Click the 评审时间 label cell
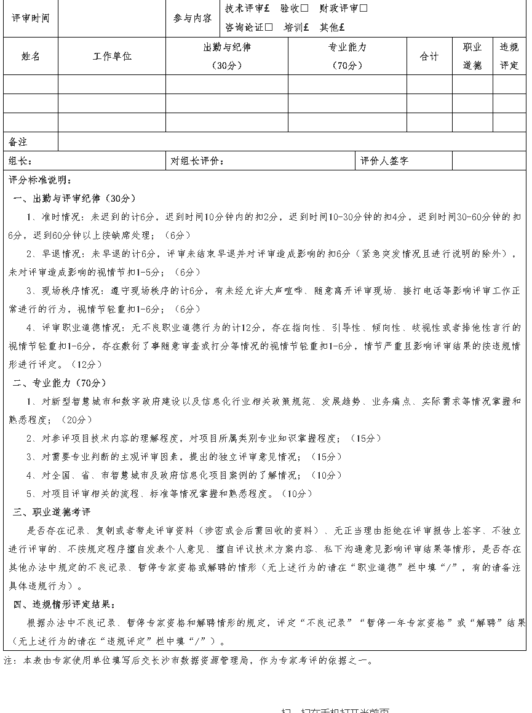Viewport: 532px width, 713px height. click(x=30, y=18)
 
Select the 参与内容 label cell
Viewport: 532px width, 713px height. click(x=192, y=18)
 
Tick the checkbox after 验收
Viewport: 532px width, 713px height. click(x=304, y=9)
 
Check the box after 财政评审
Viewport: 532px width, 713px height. click(x=363, y=9)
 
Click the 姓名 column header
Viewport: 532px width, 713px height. click(x=30, y=57)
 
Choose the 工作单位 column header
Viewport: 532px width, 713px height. click(x=112, y=57)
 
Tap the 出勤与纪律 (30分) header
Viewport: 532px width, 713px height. click(x=227, y=57)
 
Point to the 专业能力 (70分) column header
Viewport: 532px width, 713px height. click(x=347, y=57)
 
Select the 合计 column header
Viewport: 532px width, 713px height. click(x=429, y=57)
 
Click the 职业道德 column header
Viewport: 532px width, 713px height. click(x=472, y=57)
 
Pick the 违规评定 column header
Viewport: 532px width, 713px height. click(x=509, y=57)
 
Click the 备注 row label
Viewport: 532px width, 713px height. click(x=18, y=142)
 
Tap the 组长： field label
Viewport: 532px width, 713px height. click(x=20, y=161)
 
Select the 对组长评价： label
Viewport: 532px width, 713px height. click(x=197, y=161)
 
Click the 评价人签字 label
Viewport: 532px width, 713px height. click(x=384, y=161)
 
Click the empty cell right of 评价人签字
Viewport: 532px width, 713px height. click(x=489, y=161)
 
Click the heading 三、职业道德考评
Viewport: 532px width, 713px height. click(x=52, y=512)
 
